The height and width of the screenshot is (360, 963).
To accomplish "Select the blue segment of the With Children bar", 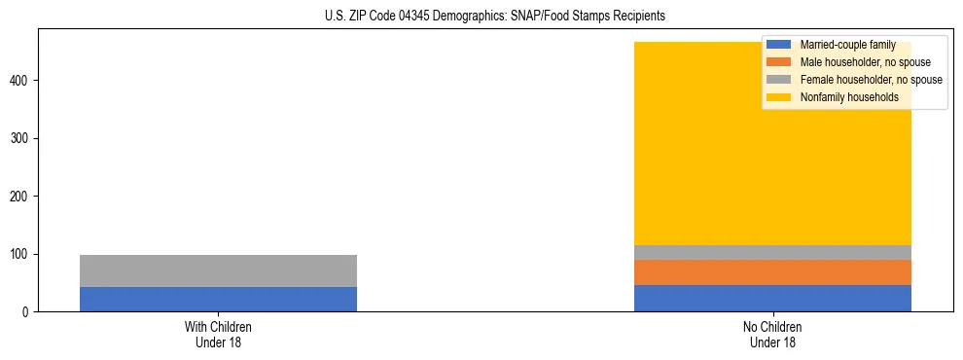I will (218, 299).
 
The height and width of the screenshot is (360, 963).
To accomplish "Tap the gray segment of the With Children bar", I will (218, 270).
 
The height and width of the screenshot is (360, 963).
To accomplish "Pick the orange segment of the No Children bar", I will (772, 271).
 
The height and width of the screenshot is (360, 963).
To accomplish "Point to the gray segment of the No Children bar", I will (772, 252).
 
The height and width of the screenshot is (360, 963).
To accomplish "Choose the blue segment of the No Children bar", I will (772, 298).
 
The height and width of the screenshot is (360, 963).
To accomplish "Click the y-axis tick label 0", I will (28, 312).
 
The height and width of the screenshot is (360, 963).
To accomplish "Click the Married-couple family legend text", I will (847, 45).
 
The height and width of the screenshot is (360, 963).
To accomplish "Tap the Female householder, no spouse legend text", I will (871, 80).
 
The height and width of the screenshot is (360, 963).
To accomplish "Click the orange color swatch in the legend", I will (779, 62).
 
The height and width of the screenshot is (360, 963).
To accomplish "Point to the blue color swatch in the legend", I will (779, 45).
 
